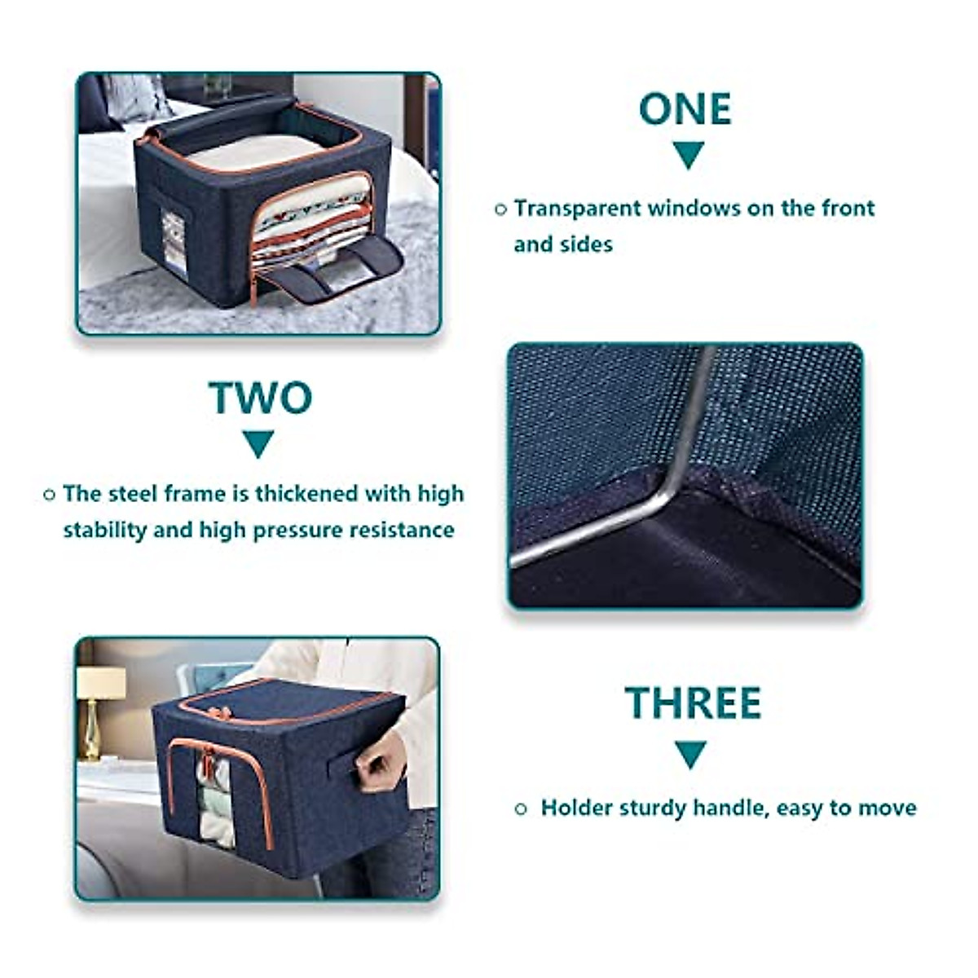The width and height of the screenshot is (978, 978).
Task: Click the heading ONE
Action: pyautogui.click(x=685, y=110)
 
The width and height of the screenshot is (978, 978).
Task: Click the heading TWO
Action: pyautogui.click(x=260, y=398)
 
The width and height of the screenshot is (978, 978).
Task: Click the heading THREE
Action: pyautogui.click(x=693, y=703)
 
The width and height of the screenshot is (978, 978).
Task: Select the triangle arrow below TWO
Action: pyautogui.click(x=259, y=443)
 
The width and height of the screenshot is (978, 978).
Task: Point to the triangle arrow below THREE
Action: pyautogui.click(x=690, y=754)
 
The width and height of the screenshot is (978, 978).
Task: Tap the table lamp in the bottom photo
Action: pyautogui.click(x=99, y=709)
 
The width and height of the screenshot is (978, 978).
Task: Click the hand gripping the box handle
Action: pyautogui.click(x=381, y=762)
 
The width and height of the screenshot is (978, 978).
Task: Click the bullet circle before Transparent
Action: pyautogui.click(x=501, y=209)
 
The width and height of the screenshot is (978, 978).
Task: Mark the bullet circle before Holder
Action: pyautogui.click(x=522, y=809)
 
